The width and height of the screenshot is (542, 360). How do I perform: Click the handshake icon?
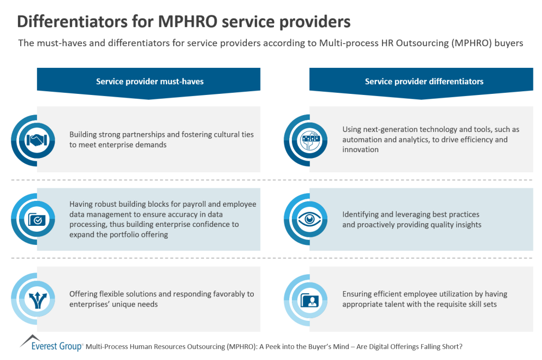click(x=37, y=140)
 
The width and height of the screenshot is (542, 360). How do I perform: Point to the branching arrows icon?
click(x=37, y=300)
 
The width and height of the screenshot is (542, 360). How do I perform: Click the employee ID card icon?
click(x=310, y=300)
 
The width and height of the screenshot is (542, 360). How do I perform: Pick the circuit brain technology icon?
click(x=310, y=140)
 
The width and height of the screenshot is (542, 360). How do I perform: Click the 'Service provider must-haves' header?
click(x=149, y=82)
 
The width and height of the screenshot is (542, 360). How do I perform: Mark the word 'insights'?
click(x=466, y=225)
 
